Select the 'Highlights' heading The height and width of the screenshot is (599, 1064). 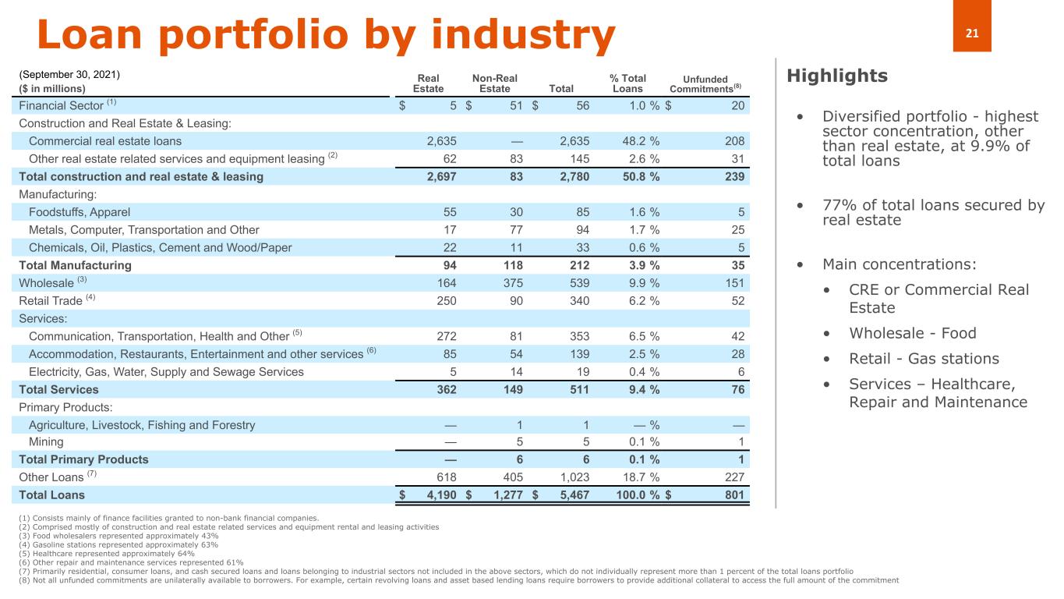coord(837,76)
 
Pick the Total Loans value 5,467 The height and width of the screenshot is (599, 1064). coord(574,494)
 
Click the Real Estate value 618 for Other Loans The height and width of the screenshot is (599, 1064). coord(445,477)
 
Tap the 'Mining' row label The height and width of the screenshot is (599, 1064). coord(46,441)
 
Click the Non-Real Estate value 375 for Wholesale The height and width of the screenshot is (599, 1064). coord(510,282)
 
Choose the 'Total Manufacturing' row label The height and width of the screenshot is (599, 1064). coord(76,265)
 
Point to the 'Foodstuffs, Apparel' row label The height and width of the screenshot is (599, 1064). coord(80,211)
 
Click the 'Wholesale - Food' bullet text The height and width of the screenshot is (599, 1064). coord(912,334)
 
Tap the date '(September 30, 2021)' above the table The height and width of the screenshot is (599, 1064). coord(69,75)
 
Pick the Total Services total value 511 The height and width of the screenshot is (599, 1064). coord(577,389)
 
